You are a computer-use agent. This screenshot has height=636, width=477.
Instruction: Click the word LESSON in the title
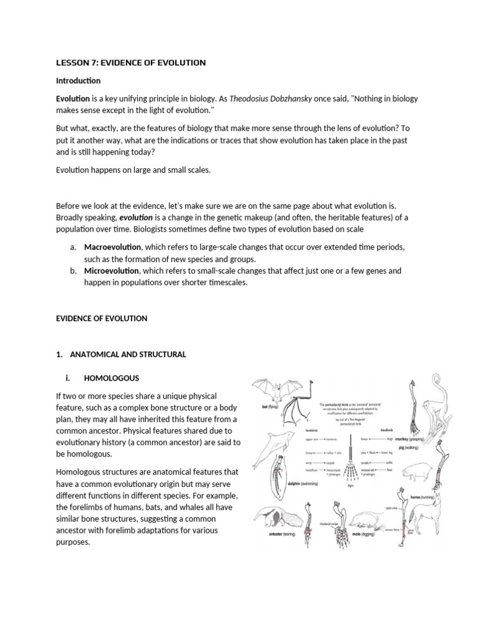pos(73,63)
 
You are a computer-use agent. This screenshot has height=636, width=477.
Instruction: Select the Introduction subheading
pos(78,81)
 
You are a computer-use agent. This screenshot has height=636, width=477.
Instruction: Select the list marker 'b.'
pos(73,271)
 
